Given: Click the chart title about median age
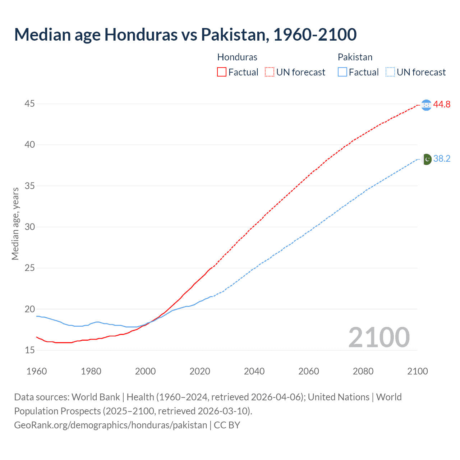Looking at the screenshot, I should click(x=185, y=34).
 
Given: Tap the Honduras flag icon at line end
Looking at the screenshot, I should click(x=426, y=105).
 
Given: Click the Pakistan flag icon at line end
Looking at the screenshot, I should click(x=426, y=159).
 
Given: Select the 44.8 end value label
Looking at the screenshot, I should click(x=442, y=105).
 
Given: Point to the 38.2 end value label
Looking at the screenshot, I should click(x=442, y=159).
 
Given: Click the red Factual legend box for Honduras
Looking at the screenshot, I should click(x=222, y=72).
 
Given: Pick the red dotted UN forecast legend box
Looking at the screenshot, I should click(x=270, y=72).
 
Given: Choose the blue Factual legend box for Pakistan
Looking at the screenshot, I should click(x=342, y=72).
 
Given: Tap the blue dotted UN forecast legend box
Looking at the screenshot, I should click(x=390, y=72).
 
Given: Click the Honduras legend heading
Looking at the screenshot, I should click(x=237, y=57).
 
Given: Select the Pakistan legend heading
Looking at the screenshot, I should click(x=355, y=57).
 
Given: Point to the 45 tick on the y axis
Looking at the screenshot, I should click(x=30, y=104).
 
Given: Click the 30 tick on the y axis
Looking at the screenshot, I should click(x=30, y=227).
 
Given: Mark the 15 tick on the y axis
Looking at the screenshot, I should click(x=30, y=350).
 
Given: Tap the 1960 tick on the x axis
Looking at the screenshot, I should click(x=37, y=371).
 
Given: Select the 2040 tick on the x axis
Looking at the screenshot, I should click(x=254, y=371).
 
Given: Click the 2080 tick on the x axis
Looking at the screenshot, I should click(x=363, y=371).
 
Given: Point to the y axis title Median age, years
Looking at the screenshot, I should click(x=15, y=224).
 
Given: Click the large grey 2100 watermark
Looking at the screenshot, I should click(x=379, y=337).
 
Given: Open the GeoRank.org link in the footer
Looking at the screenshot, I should click(x=110, y=425).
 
